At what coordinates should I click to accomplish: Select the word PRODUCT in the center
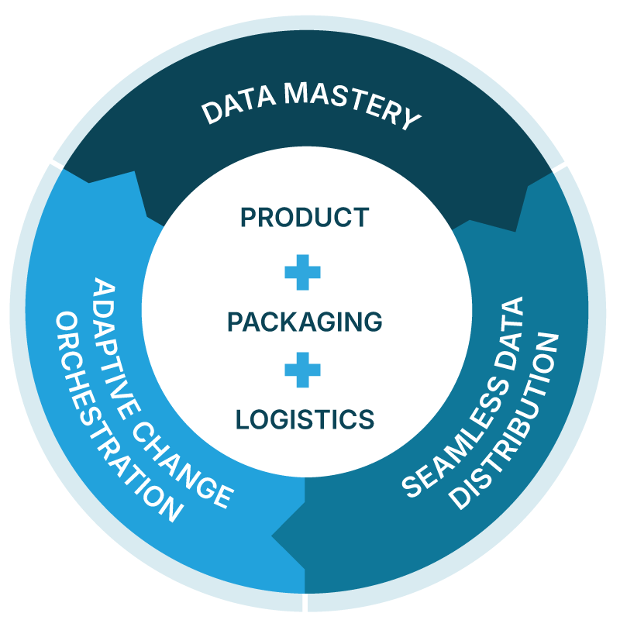(304, 218)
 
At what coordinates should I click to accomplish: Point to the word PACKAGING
(305, 321)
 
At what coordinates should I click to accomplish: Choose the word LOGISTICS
(305, 419)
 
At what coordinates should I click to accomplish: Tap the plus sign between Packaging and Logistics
(301, 370)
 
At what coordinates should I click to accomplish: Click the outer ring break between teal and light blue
(305, 603)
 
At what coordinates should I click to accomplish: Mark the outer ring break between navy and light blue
(56, 164)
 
